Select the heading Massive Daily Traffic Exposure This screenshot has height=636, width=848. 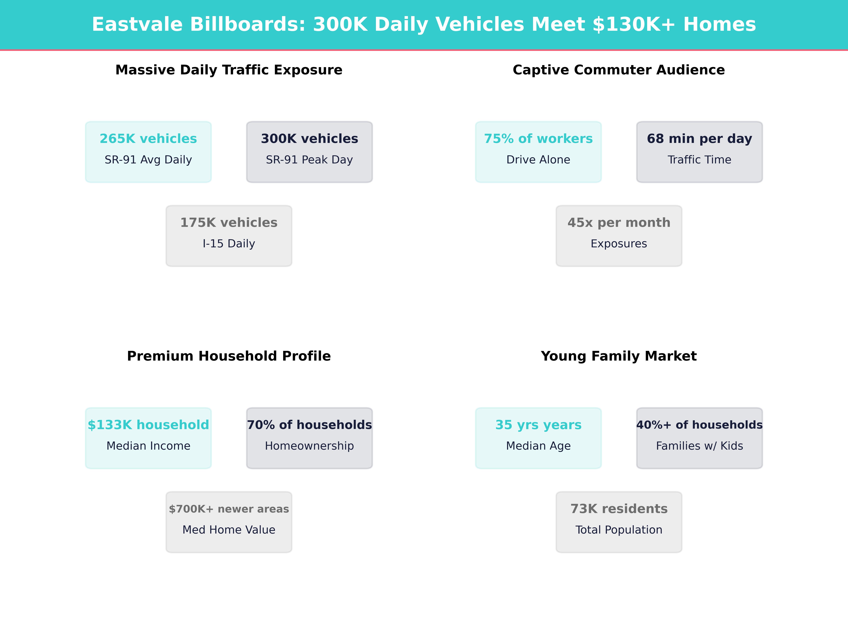[229, 70]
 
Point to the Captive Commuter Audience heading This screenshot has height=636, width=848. [619, 70]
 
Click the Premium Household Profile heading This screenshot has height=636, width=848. [229, 356]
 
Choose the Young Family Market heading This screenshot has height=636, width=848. [619, 356]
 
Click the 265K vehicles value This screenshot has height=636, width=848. [148, 139]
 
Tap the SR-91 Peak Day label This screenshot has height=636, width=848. [309, 160]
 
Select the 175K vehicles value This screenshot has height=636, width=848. [229, 223]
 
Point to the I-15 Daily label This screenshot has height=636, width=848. [229, 244]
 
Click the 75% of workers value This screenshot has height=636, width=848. [538, 139]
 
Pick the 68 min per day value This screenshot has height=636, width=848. [699, 139]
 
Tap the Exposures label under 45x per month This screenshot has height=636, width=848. [619, 244]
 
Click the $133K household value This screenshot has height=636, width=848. [148, 425]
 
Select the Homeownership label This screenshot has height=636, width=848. [309, 446]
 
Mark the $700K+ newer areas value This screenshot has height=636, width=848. [229, 509]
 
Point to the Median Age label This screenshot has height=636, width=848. [538, 446]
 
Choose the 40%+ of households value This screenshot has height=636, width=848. [699, 425]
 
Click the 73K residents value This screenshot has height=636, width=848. [619, 509]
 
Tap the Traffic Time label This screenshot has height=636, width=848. [699, 160]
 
